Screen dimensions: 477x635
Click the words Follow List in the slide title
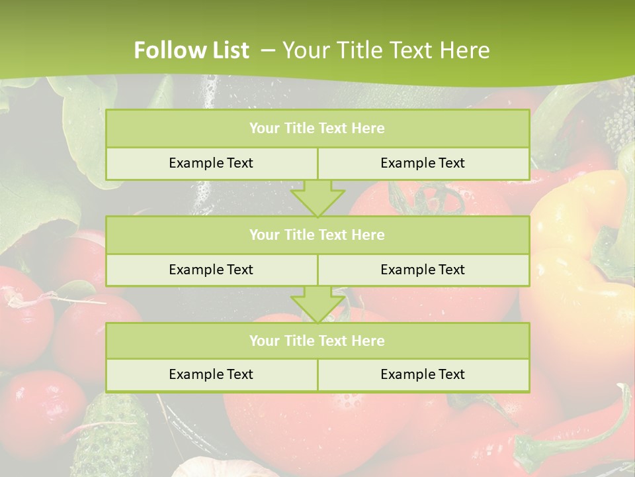pos(191,50)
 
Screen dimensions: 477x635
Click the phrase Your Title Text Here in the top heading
pos(386,50)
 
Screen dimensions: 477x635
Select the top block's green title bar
pos(317,129)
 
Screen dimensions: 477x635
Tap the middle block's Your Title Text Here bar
pos(317,235)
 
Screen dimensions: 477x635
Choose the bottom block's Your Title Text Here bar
pos(317,341)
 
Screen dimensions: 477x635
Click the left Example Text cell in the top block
pos(211,163)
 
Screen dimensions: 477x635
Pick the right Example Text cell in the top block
pos(423,163)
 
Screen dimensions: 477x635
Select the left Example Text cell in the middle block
pos(211,270)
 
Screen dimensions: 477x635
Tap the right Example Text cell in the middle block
pos(423,270)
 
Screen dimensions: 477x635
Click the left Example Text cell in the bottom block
pos(211,374)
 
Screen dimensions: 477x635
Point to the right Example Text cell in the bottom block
pos(423,374)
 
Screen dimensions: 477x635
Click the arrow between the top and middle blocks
pos(317,197)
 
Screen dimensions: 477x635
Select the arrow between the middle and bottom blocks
pos(317,304)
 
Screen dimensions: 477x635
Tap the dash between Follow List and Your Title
pos(268,50)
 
